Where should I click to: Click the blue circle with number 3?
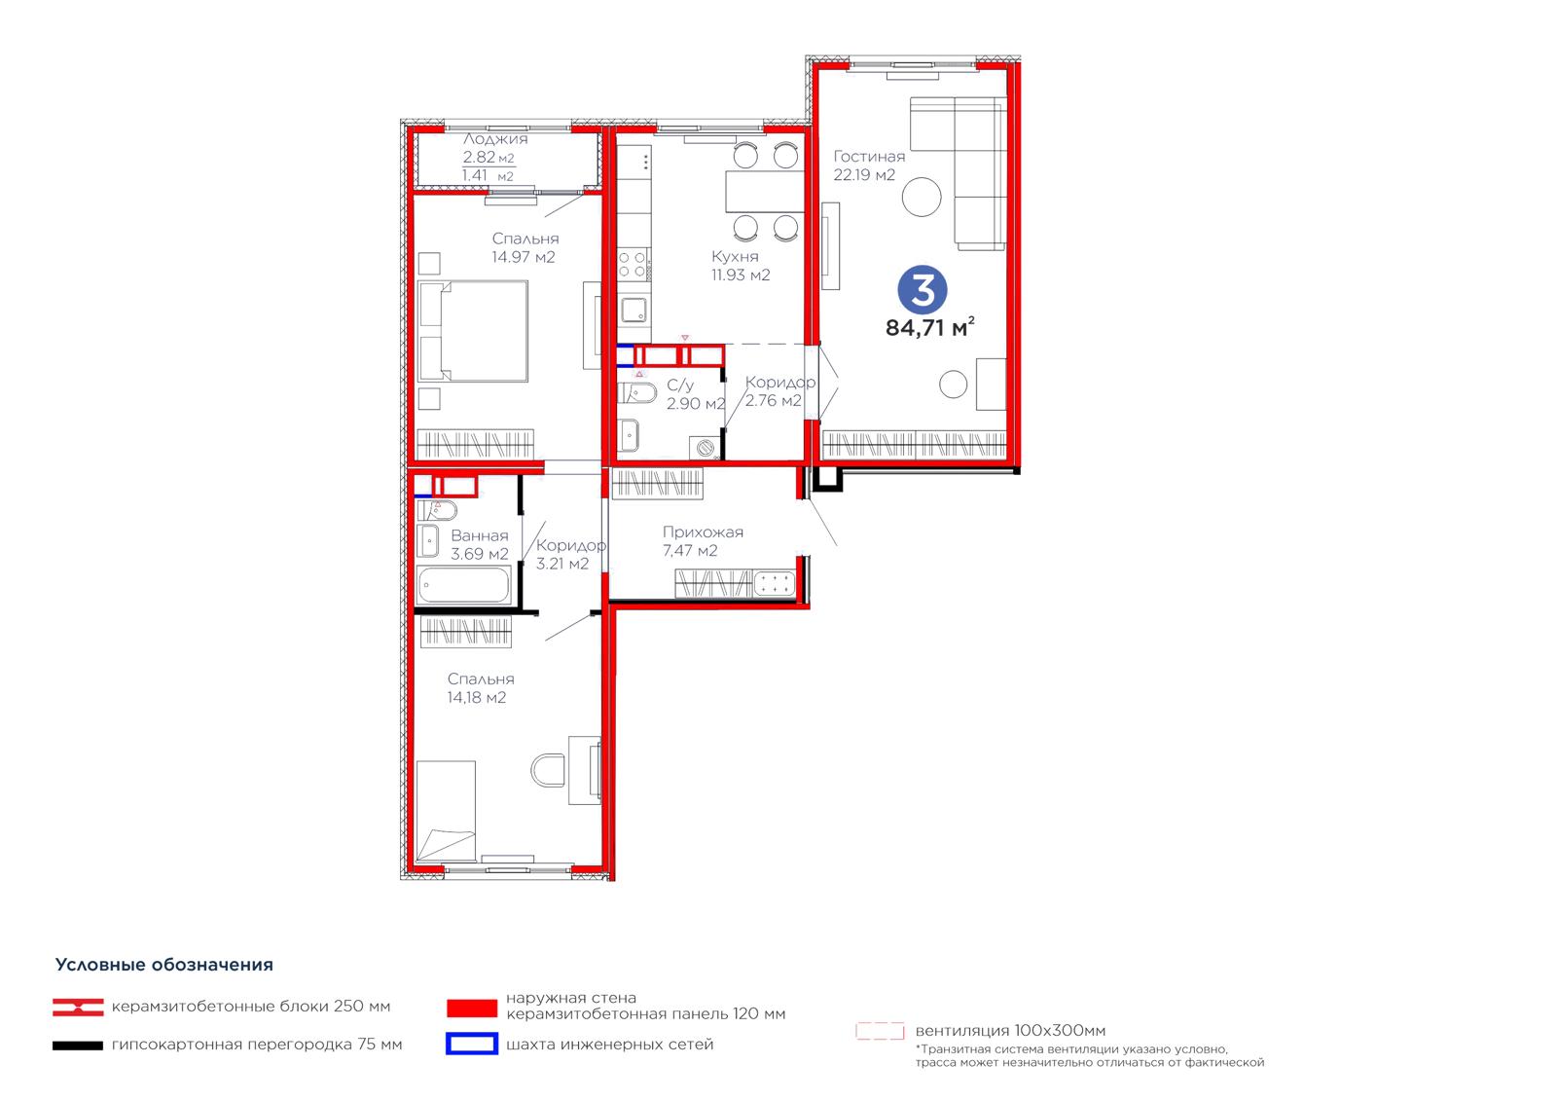coord(923,289)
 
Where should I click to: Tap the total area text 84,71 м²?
coord(930,327)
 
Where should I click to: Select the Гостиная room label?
coord(869,157)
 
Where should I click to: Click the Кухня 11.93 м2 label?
coord(741,266)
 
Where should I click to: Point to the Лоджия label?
coord(495,139)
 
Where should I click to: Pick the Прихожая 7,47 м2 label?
coord(702,541)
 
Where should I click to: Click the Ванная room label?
coord(480,535)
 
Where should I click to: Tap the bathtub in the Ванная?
coord(463,585)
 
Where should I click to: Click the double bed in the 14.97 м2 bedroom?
coord(473,331)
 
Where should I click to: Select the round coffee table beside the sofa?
coord(922,197)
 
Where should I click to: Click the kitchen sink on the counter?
coord(634,310)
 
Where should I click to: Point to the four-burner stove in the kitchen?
coord(633,264)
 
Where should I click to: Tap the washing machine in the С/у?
coord(705,448)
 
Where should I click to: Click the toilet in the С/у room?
coord(638,393)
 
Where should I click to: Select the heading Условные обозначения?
coord(164,965)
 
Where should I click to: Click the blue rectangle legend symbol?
coord(472,1044)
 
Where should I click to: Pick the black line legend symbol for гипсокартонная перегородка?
coord(78,1046)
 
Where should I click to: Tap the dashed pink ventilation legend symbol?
coord(880,1030)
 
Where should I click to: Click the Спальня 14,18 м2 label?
coord(481,688)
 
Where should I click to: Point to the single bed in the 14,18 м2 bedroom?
coord(447,812)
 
